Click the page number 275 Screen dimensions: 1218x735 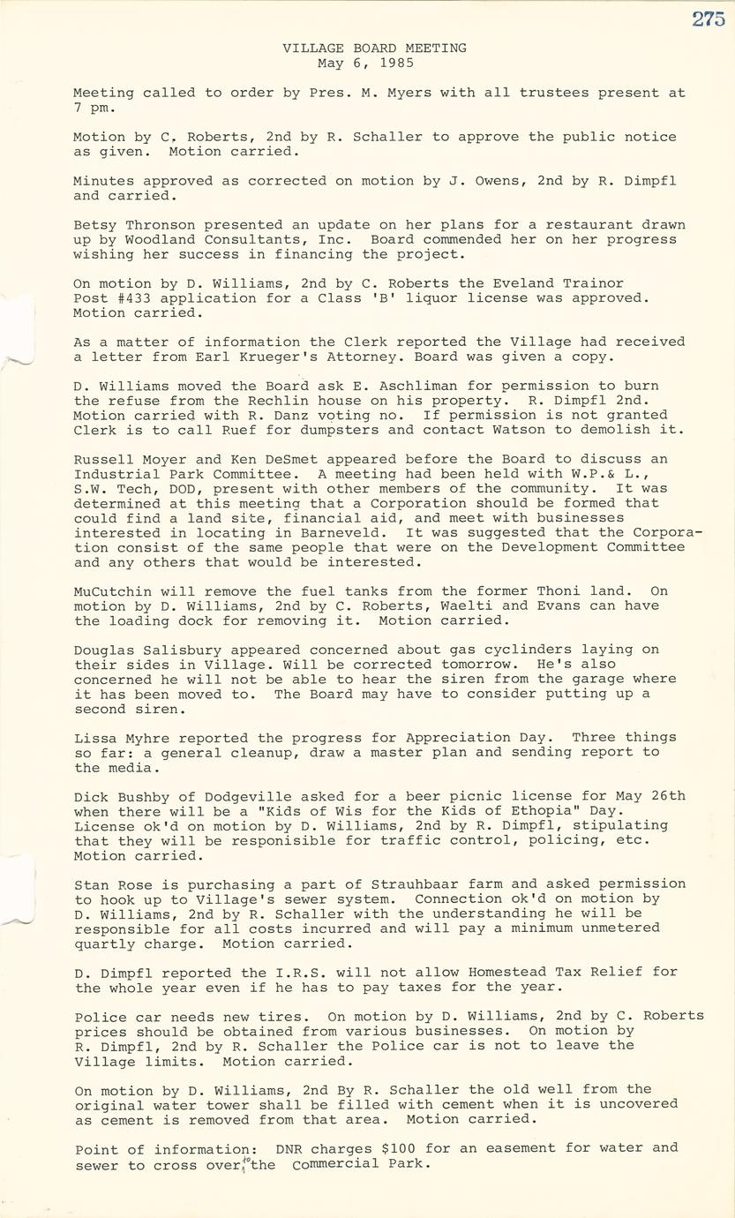coord(708,19)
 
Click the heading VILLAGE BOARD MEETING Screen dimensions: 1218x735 coord(374,49)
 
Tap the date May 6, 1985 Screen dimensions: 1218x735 coord(366,64)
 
